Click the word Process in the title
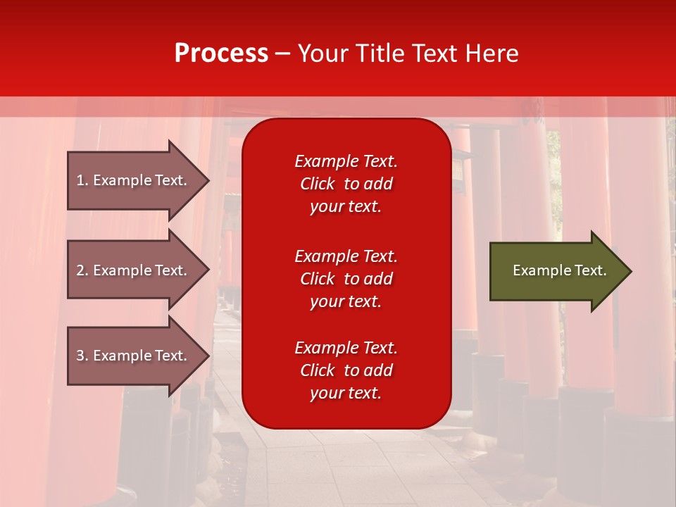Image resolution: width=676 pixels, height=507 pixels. click(221, 54)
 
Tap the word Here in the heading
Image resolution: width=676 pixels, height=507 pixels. click(490, 54)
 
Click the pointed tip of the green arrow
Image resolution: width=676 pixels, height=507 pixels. click(628, 271)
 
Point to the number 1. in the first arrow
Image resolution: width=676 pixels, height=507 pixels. click(82, 180)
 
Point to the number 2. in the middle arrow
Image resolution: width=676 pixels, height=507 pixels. click(82, 270)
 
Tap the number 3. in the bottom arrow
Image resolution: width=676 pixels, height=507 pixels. click(82, 356)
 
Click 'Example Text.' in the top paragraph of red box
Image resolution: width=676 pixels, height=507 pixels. click(346, 161)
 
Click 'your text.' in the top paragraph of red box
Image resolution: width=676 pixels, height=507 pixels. click(346, 206)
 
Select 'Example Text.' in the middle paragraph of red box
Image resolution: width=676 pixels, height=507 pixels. click(346, 256)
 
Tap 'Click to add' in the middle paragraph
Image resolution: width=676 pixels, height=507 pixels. click(346, 279)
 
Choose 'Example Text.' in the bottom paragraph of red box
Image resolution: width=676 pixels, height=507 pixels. click(346, 348)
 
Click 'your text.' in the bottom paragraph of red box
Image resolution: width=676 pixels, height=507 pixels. click(346, 393)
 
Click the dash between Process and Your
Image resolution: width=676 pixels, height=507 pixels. click(283, 54)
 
